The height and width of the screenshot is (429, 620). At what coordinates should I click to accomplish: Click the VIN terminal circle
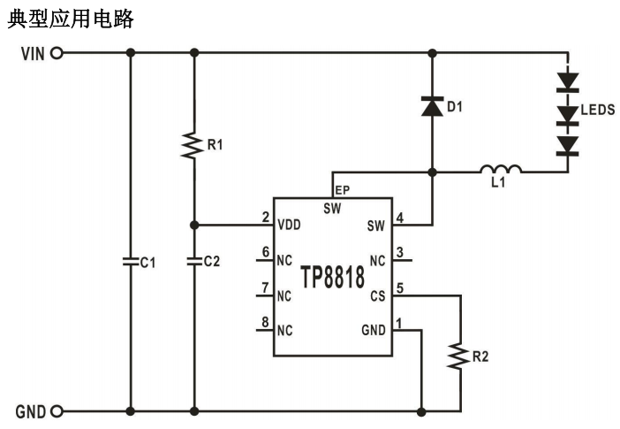57,53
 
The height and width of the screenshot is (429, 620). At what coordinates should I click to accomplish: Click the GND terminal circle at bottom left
57,411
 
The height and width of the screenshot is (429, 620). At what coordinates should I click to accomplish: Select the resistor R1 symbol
193,145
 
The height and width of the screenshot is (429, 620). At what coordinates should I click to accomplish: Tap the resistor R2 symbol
460,356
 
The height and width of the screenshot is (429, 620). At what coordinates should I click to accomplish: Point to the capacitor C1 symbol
131,262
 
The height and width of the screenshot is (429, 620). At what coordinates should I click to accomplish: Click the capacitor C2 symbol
193,262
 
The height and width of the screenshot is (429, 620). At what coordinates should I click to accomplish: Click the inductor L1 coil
501,169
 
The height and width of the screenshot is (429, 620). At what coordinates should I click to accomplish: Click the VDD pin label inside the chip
289,226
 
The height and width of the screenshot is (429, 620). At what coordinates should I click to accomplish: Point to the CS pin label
378,295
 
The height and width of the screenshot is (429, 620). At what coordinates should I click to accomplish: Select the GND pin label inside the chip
374,330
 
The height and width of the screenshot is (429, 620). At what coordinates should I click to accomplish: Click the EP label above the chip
343,189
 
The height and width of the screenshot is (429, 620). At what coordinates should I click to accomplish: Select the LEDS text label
598,111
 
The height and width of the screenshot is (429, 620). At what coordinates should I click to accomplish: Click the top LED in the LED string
567,81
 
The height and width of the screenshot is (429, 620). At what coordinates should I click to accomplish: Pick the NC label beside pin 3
377,261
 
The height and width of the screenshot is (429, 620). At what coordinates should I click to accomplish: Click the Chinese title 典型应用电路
71,19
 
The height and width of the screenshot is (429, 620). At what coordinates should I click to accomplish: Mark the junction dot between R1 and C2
193,225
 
